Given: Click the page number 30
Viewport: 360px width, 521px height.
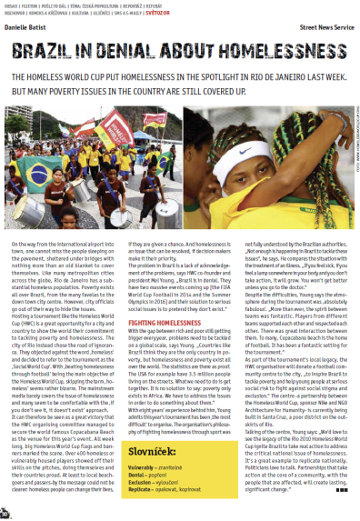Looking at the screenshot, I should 6,514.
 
